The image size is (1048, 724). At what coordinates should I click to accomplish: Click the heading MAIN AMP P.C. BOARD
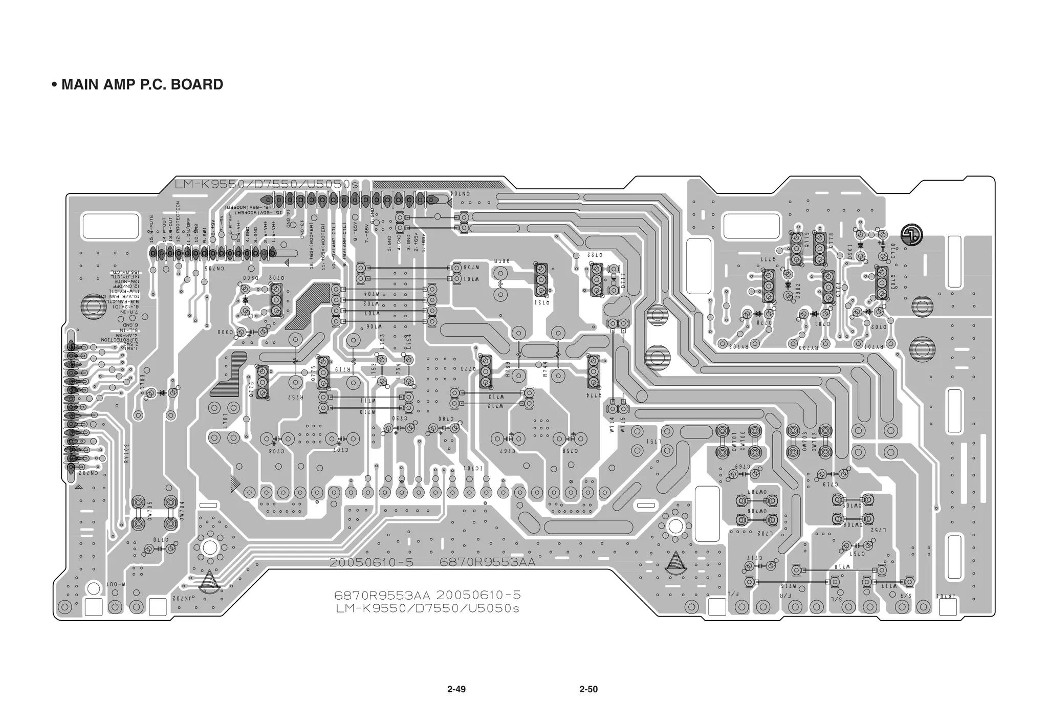point(142,84)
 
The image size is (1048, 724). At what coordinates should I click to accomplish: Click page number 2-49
point(456,689)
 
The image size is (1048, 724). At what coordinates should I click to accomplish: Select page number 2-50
point(588,689)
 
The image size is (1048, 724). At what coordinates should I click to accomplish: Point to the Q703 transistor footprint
point(881,282)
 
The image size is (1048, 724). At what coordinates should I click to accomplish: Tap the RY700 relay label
point(809,348)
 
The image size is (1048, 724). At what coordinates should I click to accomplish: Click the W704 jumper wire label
point(372,294)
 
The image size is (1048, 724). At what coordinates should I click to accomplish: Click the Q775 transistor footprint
point(322,372)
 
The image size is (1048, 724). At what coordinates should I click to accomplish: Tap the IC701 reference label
point(473,468)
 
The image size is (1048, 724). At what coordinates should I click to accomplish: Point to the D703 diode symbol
point(162,393)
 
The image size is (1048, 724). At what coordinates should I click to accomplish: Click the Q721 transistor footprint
point(541,280)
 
